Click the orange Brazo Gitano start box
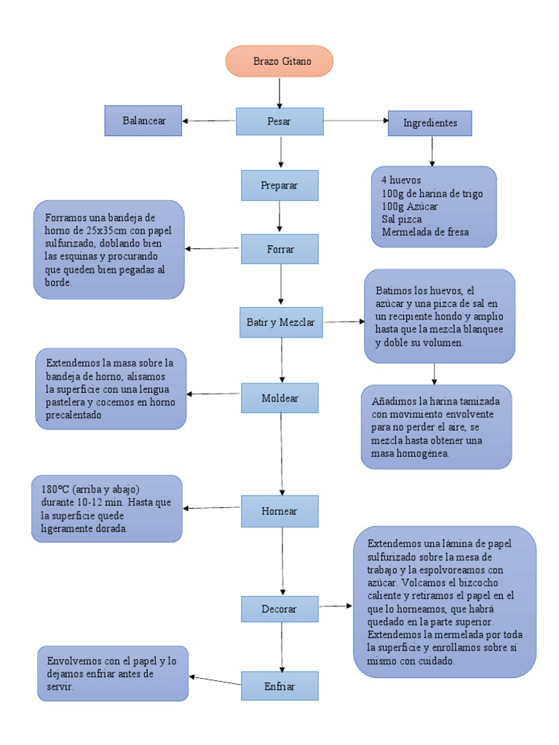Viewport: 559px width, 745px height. coord(279,61)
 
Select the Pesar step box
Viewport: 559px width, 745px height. coord(279,121)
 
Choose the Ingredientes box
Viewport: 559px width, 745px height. coord(430,123)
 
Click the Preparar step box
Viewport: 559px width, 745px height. coord(279,185)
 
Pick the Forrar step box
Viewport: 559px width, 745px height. coord(279,249)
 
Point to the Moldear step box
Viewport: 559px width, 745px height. coord(279,398)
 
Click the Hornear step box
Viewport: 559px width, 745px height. coord(279,510)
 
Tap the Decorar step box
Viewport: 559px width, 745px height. coord(279,609)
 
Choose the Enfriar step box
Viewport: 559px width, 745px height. coord(279,685)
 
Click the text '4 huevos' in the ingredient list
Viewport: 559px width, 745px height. coord(401,180)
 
